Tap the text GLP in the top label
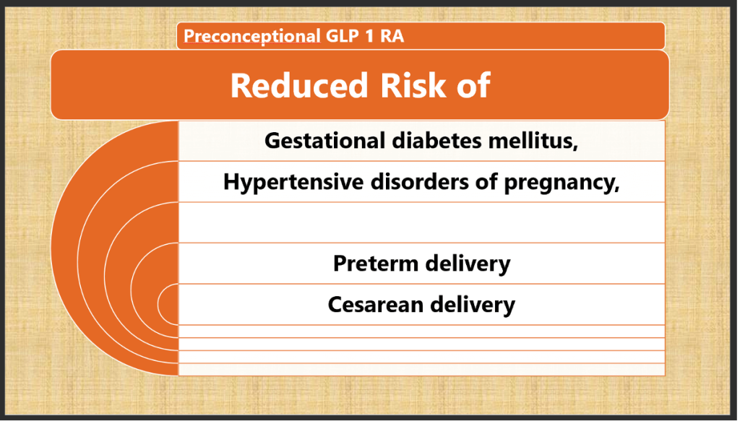point(342,36)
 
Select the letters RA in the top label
point(393,36)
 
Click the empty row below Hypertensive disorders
point(421,222)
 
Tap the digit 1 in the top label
point(372,36)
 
